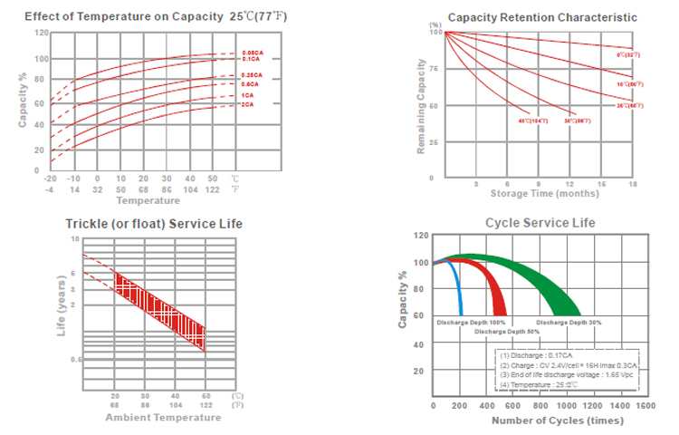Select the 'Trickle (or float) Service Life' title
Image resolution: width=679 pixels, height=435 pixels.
click(153, 224)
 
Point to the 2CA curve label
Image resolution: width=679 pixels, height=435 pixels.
click(247, 105)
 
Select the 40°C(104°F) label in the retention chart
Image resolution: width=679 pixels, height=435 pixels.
click(532, 121)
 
